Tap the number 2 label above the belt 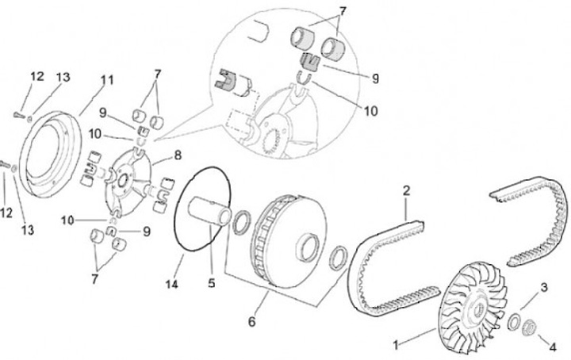[x=405, y=191]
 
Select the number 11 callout [x=105, y=80]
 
